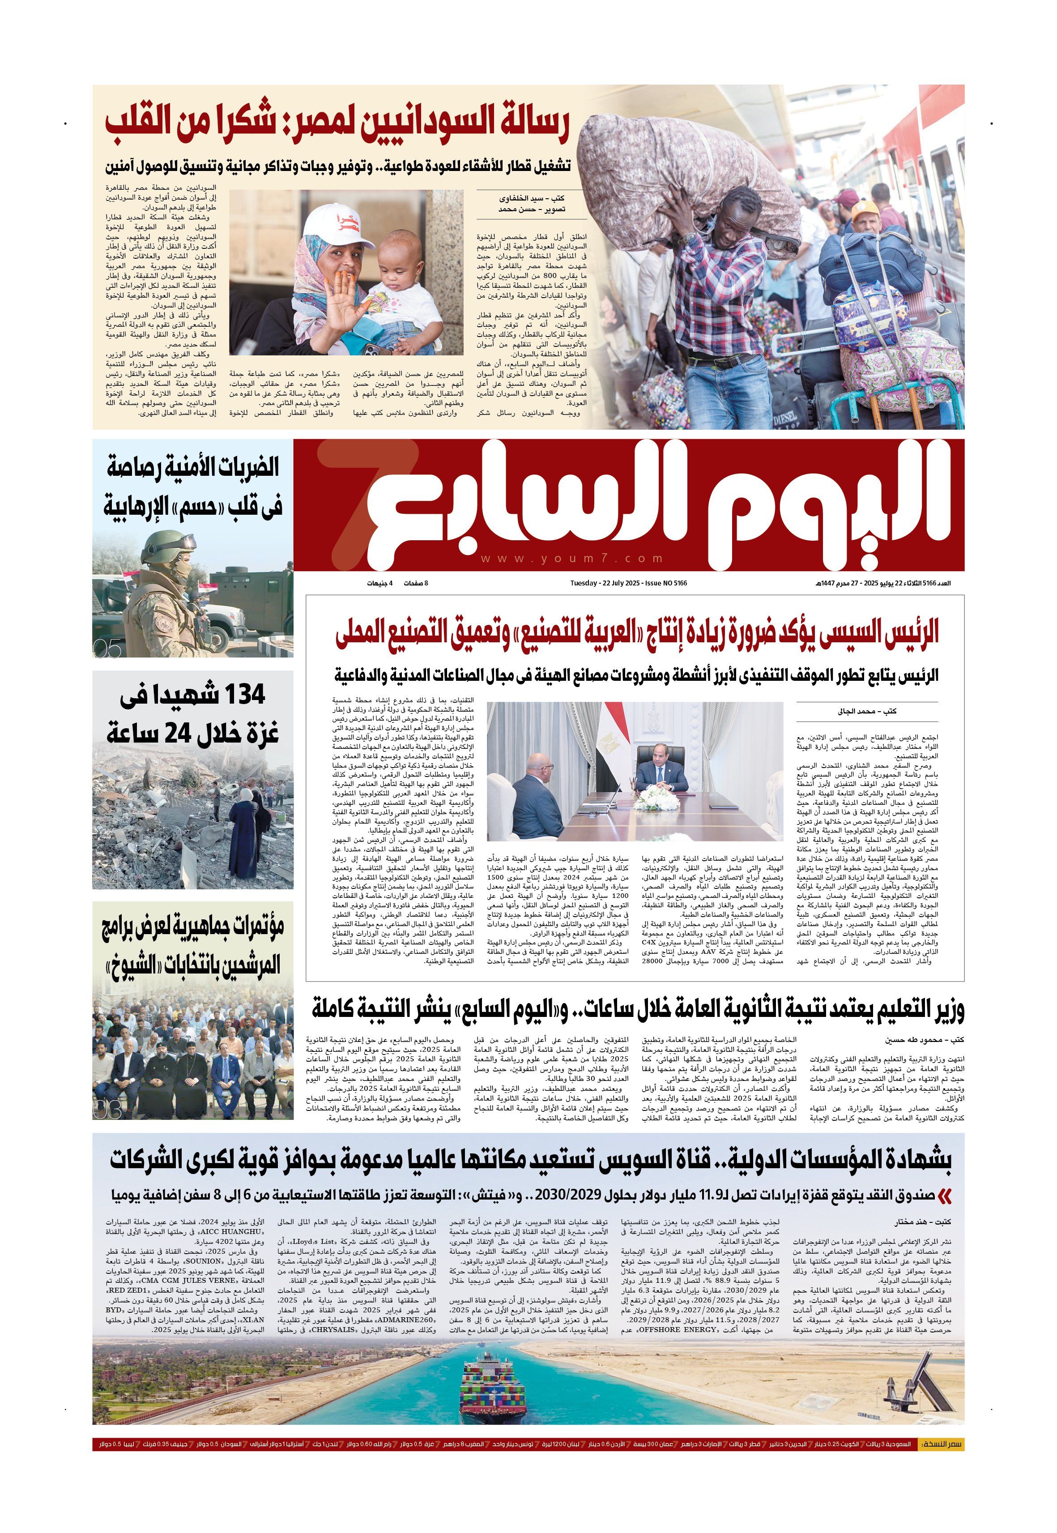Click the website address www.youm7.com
[572, 559]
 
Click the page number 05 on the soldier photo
[107, 650]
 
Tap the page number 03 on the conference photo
[107, 1110]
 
